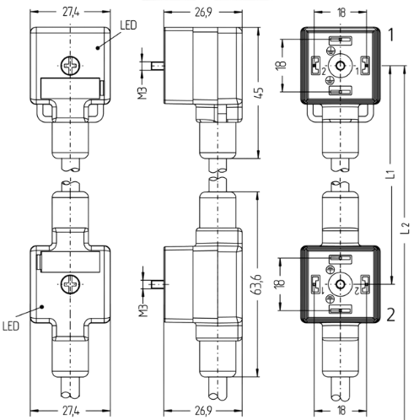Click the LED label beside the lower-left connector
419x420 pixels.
(11, 326)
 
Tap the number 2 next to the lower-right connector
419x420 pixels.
(391, 315)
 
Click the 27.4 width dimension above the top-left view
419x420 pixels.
(71, 12)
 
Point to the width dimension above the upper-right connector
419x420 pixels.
(341, 12)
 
